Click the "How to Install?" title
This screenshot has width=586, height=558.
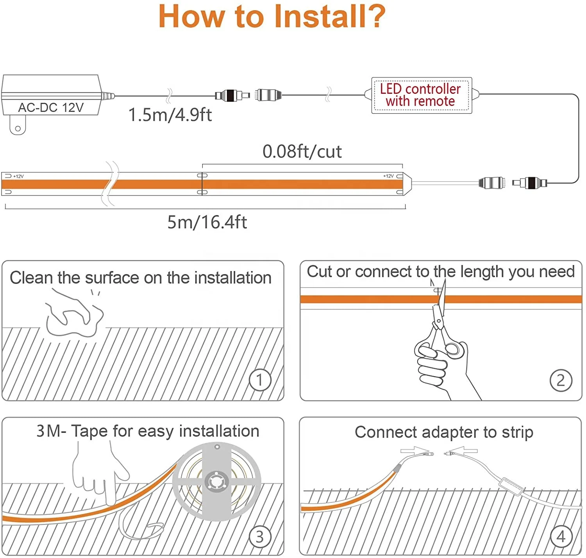272,16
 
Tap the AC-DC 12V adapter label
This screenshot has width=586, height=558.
51,107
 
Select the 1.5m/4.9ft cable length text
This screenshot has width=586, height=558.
170,115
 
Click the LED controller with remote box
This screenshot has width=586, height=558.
421,95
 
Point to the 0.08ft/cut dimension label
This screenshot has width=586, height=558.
302,152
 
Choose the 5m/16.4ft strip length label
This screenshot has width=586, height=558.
207,222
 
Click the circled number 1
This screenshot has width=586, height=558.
260,380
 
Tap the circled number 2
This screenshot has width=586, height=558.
561,380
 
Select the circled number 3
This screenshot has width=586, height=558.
260,536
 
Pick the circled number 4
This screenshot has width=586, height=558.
561,536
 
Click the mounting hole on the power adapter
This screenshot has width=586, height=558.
18,128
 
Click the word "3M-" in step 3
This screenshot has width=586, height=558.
51,431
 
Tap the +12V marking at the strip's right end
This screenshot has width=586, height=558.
388,176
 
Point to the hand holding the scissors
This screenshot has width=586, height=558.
441,368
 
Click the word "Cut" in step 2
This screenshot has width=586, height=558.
319,272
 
